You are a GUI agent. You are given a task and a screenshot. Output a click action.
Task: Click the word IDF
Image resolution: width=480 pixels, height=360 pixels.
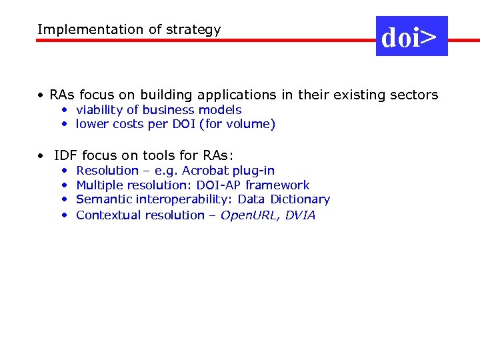(x=65, y=155)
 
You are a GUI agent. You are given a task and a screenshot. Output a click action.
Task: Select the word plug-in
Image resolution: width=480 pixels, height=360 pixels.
(x=254, y=171)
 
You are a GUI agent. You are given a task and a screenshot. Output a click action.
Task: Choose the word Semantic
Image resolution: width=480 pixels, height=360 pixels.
(x=104, y=199)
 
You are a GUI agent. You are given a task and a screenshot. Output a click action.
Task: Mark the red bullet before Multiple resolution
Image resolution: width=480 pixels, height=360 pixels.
(x=65, y=185)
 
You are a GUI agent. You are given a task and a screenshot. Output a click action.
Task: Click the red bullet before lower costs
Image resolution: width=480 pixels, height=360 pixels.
(x=65, y=124)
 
